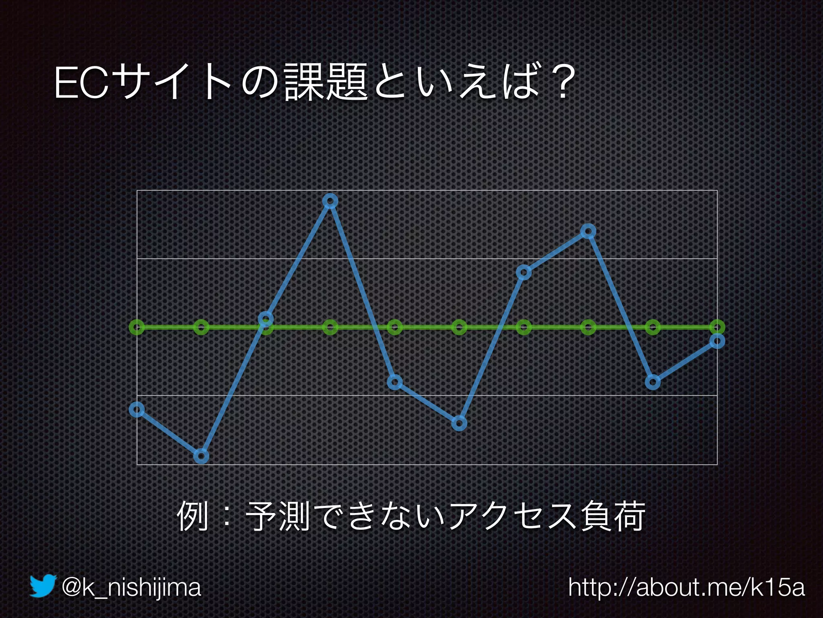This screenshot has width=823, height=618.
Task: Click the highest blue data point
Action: tap(330, 201)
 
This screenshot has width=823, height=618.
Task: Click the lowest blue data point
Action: tap(201, 456)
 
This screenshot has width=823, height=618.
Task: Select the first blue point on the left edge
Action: tap(137, 410)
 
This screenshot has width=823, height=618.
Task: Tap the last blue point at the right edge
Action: tap(717, 341)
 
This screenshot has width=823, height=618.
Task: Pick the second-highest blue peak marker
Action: tap(588, 231)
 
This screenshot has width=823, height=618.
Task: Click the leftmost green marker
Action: tap(137, 327)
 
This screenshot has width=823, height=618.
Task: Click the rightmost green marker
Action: tap(717, 327)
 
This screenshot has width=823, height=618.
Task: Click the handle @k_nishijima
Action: tap(131, 588)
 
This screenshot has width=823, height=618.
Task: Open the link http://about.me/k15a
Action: tap(686, 588)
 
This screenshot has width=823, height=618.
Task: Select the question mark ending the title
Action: tap(560, 83)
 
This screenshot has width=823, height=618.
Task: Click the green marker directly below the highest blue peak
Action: tap(330, 327)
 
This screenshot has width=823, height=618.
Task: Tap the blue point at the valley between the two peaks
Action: tap(459, 423)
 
